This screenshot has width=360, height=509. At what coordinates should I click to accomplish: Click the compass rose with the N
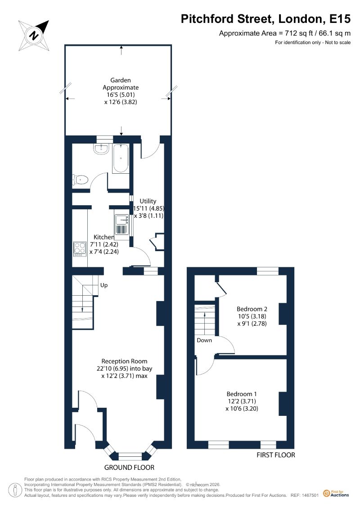[x=34, y=35]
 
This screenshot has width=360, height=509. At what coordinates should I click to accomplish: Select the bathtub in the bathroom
[x=121, y=158]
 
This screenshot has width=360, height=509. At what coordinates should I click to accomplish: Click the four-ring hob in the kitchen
[x=80, y=249]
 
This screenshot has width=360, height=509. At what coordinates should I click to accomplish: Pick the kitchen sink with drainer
[x=122, y=224]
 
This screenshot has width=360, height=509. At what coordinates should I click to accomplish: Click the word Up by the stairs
[x=104, y=285]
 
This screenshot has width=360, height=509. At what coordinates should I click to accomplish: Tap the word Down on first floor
[x=204, y=340]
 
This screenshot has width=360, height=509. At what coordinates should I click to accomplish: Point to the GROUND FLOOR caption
[x=129, y=468]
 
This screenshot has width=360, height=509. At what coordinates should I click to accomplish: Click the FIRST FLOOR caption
[x=276, y=455]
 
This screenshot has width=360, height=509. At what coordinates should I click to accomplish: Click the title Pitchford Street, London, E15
[x=265, y=19]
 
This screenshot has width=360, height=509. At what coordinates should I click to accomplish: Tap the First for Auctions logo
[x=336, y=494]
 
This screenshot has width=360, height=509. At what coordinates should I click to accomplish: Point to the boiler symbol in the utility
[x=156, y=242]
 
